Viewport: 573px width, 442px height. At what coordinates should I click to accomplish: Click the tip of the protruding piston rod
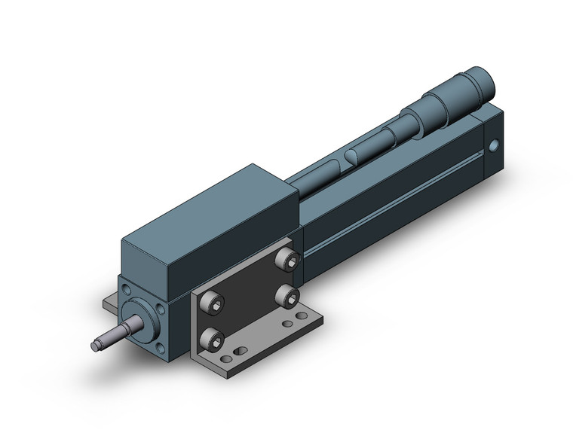(x=95, y=346)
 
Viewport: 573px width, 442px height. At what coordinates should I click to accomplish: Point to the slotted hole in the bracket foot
(x=239, y=352)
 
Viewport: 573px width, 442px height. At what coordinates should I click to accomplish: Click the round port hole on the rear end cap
(x=494, y=145)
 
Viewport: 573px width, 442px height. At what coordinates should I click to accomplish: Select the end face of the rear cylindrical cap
(x=480, y=76)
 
